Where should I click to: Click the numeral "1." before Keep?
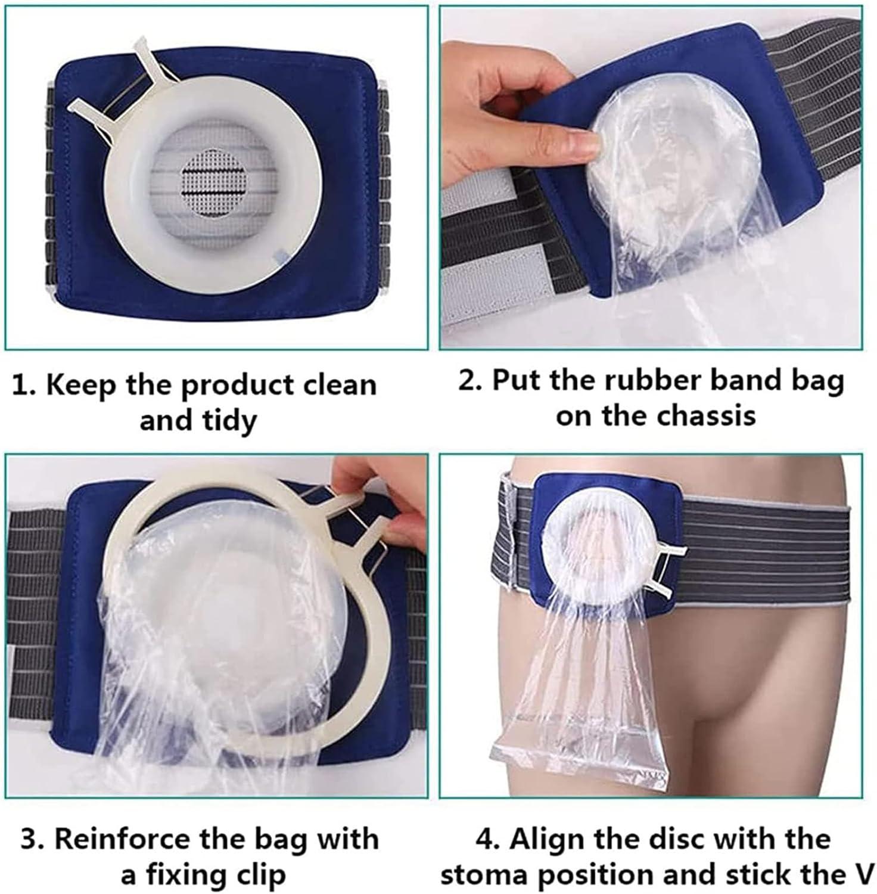[25, 386]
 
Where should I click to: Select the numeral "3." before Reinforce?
[33, 839]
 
